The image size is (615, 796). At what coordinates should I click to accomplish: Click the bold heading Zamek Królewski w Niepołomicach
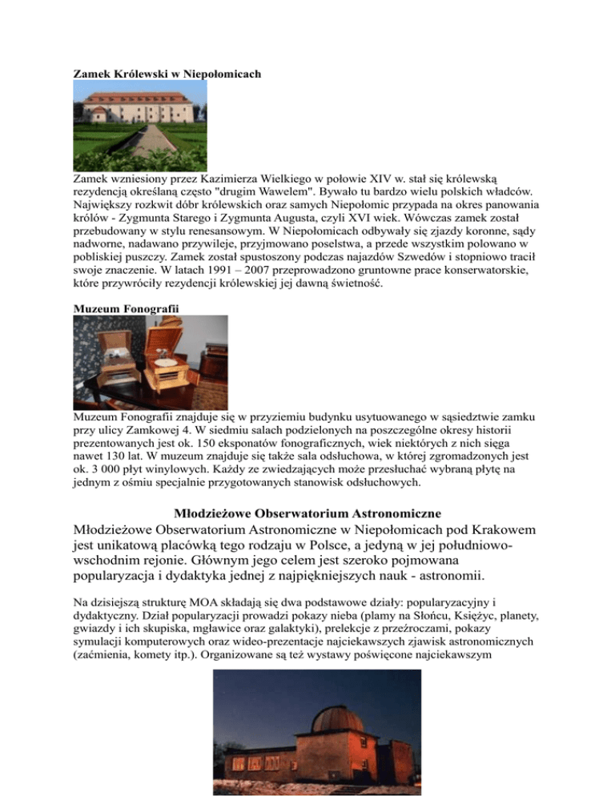click(167, 74)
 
